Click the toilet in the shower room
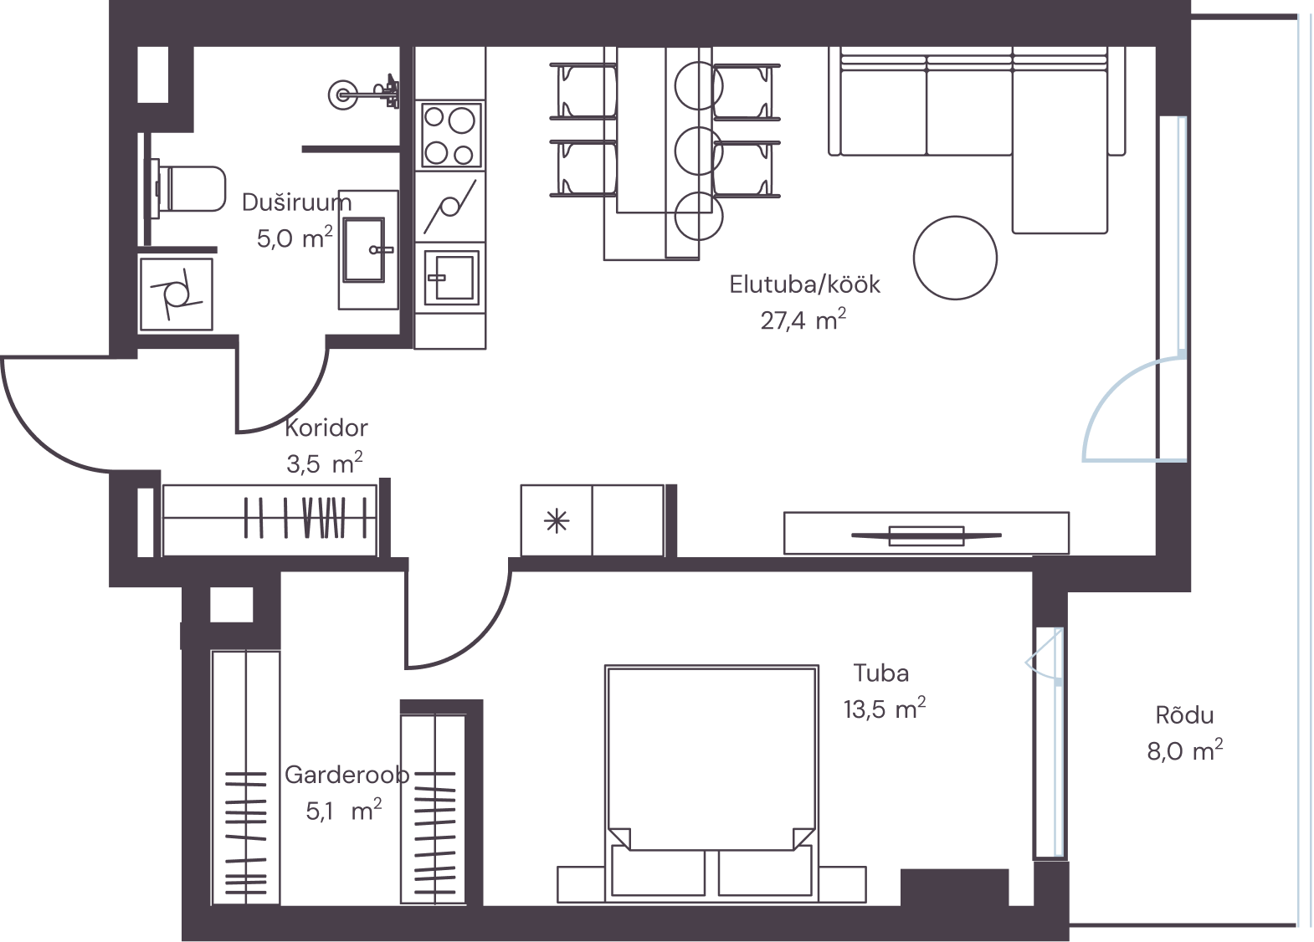(x=187, y=189)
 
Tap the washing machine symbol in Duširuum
(x=176, y=294)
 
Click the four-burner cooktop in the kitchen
(x=450, y=136)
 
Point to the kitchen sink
(x=450, y=277)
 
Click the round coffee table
(x=955, y=258)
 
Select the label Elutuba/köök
(x=804, y=285)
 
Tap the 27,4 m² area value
(x=803, y=320)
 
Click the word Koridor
(x=326, y=427)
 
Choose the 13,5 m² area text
(x=885, y=709)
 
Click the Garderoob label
(x=346, y=775)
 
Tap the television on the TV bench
(x=926, y=535)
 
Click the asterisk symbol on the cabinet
(x=556, y=520)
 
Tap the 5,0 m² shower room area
(x=295, y=238)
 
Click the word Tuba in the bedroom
(x=881, y=673)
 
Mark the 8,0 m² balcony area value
(x=1185, y=751)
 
